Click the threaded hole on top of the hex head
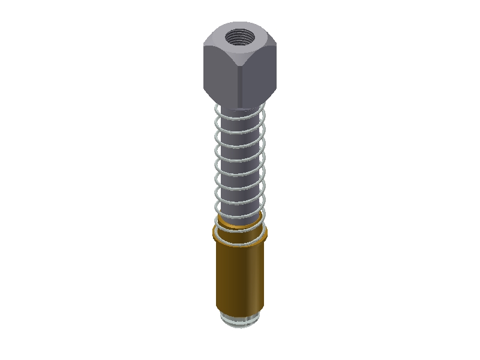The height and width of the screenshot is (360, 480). click(240, 40)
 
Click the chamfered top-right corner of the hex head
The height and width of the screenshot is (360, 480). click(275, 41)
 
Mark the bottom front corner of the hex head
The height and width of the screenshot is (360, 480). click(241, 106)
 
